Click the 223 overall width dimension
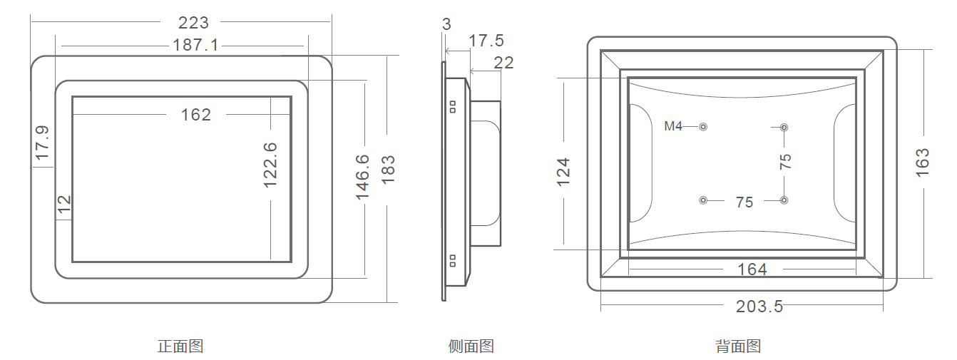pos(194,24)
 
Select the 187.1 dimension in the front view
pos(195,46)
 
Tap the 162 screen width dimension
pos(196,115)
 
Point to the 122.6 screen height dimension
pos(270,165)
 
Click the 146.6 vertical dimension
pos(363,177)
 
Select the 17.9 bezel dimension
pos(42,142)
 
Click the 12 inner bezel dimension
pos(64,205)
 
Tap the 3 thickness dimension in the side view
pos(446,24)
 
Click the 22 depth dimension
pos(503,63)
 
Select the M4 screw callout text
pos(673,126)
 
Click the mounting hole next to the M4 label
pos(703,127)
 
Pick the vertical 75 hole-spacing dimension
pos(785,161)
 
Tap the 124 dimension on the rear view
pos(564,172)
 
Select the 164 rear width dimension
pos(752,269)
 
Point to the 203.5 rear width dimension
pos(759,307)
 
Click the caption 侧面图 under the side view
pos(471,346)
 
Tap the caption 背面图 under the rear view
pos(738,346)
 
